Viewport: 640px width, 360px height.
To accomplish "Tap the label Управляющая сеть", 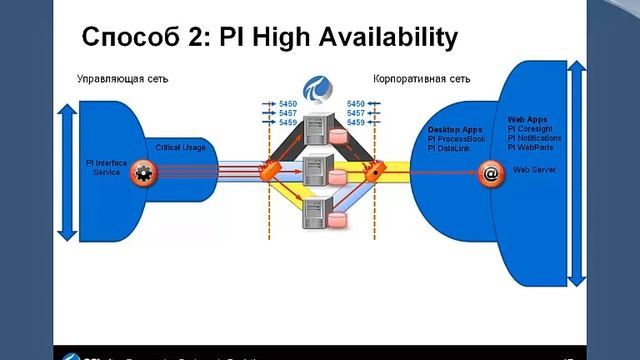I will pos(117,77).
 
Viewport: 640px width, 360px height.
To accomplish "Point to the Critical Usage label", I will pos(181,147).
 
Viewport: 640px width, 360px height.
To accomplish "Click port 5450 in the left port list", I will pos(288,103).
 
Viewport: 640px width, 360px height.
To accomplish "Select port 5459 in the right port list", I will pos(356,123).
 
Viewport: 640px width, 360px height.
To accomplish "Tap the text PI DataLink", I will pos(449,149).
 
